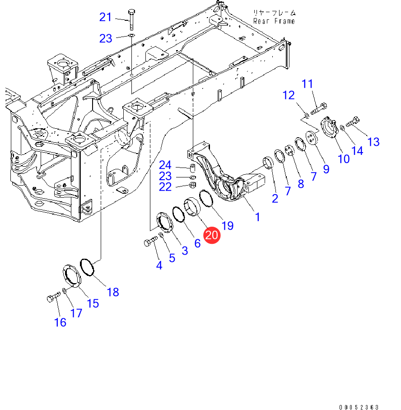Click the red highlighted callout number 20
[x=212, y=235]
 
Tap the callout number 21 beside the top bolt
[x=106, y=17]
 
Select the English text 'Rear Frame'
[x=274, y=21]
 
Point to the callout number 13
[x=373, y=142]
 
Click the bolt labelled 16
[x=54, y=297]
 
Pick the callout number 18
[x=113, y=292]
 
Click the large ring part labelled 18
[x=87, y=267]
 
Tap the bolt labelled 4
[x=151, y=241]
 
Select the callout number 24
[x=165, y=165]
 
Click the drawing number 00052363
[x=359, y=407]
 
